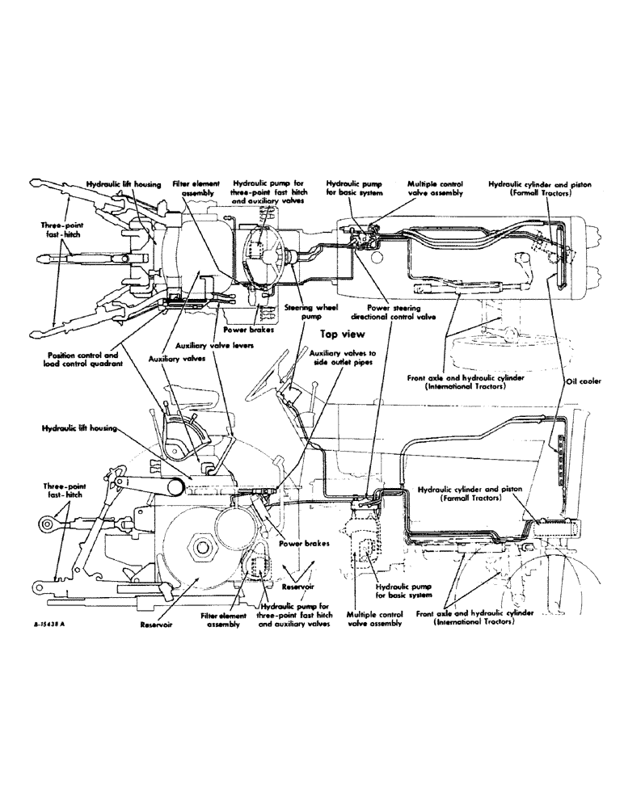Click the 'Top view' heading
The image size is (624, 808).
coord(343,333)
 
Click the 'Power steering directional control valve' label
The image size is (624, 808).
coord(396,314)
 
